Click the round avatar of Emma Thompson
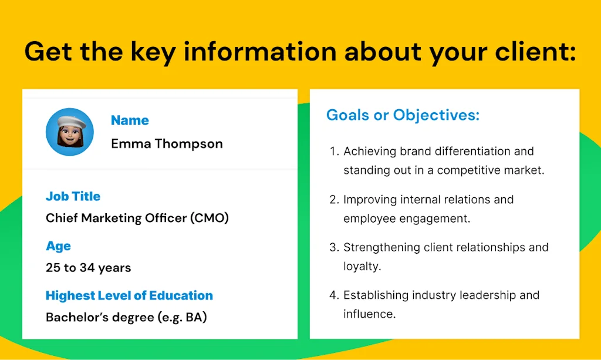[70, 132]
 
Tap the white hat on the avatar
[70, 121]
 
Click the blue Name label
[130, 120]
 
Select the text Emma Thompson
[167, 144]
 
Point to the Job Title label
[73, 196]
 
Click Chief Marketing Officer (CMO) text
[137, 218]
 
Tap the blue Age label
[58, 246]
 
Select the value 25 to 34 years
[89, 268]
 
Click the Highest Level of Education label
[129, 295]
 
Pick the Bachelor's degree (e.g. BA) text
[126, 318]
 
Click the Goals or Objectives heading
[403, 115]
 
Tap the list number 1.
[333, 152]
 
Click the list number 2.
[333, 200]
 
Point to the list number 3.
[333, 247]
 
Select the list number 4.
[333, 295]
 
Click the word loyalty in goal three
[362, 266]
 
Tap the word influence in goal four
[369, 314]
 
